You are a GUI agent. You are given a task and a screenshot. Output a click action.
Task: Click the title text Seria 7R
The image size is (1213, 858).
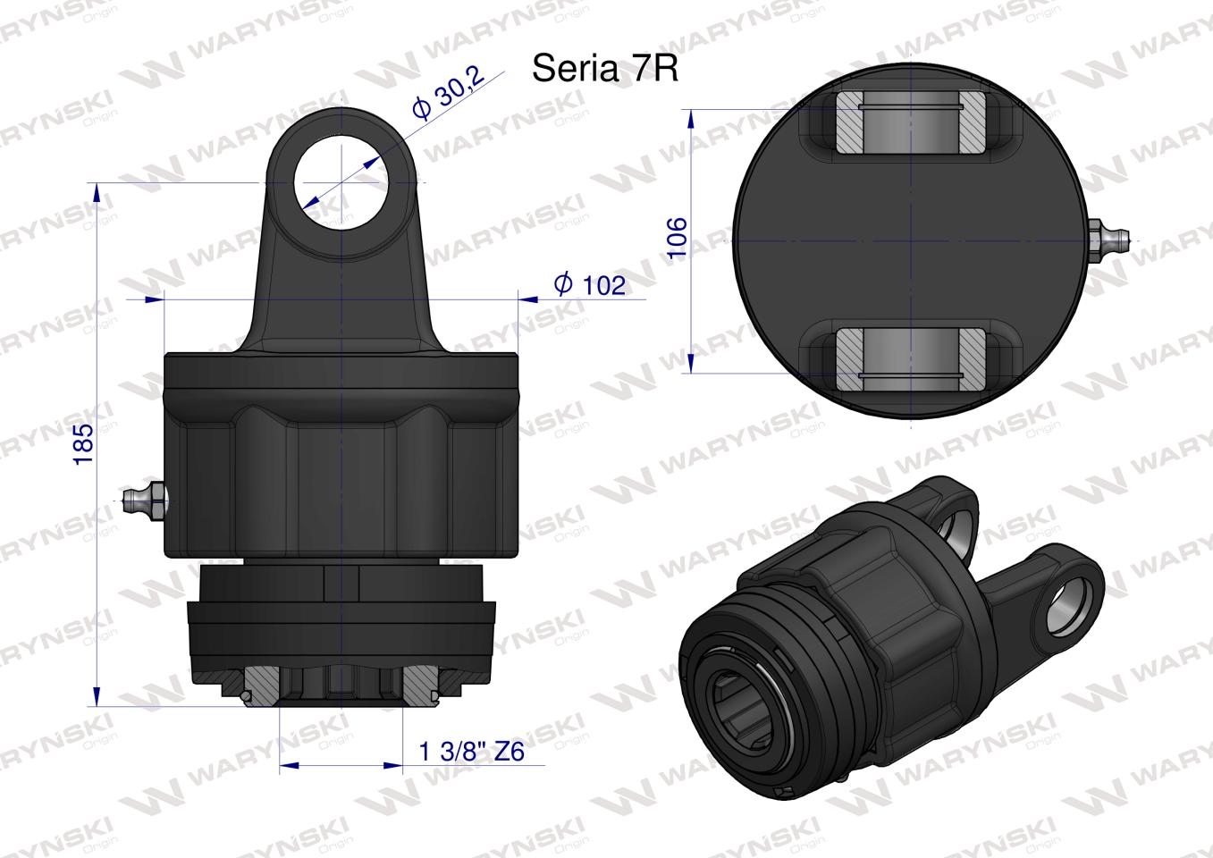(x=604, y=69)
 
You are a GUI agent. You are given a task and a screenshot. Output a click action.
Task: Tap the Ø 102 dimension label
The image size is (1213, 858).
(x=590, y=285)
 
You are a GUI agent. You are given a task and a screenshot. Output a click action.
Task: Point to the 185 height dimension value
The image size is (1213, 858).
(x=83, y=444)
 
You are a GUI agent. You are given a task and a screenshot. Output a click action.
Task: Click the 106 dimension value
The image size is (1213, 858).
(x=677, y=238)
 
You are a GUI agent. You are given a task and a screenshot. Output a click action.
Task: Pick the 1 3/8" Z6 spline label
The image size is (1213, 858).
(x=472, y=752)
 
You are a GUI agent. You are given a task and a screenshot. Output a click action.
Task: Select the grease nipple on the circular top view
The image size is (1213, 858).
(x=1108, y=240)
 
